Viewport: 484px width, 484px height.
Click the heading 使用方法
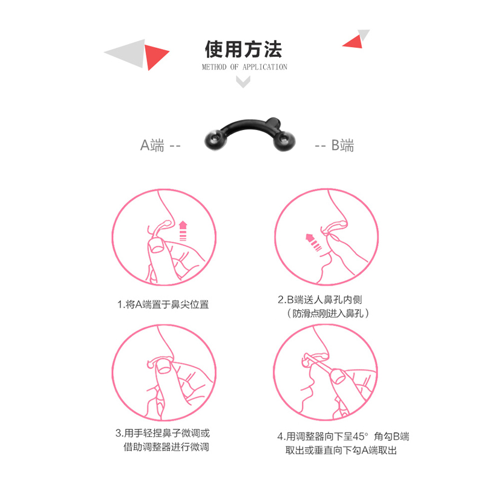(x=243, y=49)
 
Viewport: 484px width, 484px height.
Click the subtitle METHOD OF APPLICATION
(x=244, y=67)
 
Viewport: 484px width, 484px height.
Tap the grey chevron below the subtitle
(x=243, y=82)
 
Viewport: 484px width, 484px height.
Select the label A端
(x=152, y=145)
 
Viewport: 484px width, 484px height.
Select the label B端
(x=342, y=145)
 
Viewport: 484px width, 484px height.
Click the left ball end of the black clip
(x=215, y=140)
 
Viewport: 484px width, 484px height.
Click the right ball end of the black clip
(x=284, y=141)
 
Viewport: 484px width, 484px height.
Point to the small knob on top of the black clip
(x=273, y=123)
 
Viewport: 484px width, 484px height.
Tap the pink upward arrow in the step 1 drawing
(x=183, y=231)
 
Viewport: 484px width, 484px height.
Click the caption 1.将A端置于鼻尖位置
(x=163, y=305)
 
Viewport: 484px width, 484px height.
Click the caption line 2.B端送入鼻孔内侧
(x=320, y=299)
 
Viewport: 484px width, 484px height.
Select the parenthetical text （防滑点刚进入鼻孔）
(x=328, y=313)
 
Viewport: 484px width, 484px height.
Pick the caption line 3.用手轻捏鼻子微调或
(x=163, y=433)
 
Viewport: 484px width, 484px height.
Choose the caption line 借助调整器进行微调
(x=166, y=446)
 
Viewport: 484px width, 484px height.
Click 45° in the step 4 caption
(x=360, y=436)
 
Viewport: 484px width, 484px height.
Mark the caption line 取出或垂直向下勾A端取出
(x=341, y=450)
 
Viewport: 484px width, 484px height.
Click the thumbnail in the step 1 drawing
(x=157, y=247)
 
